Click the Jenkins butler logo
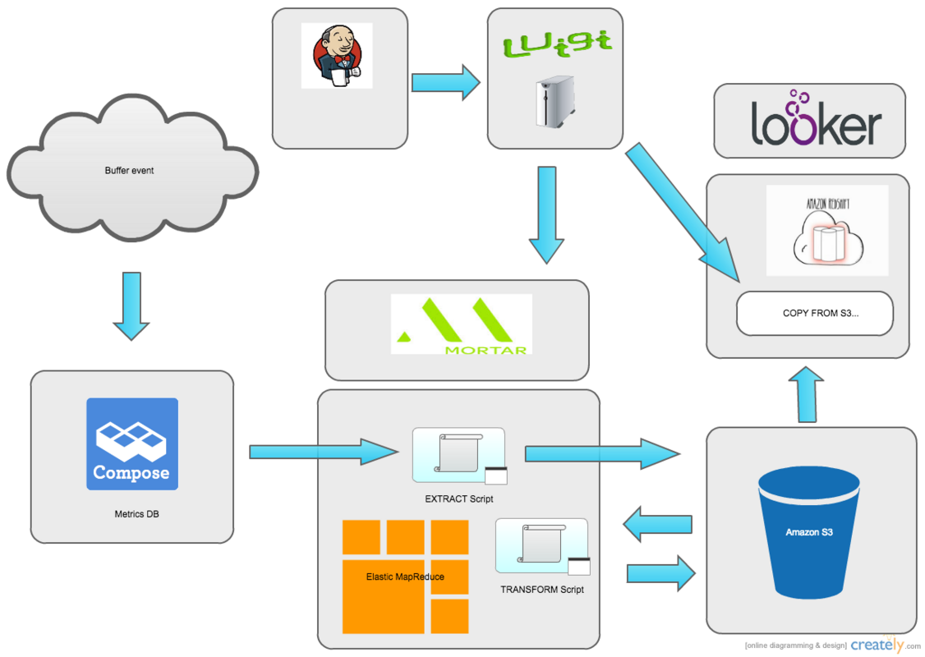[x=336, y=55]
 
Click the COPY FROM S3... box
[x=814, y=314]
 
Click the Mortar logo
[x=461, y=324]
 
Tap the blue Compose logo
[x=131, y=444]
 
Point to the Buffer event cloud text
[x=129, y=171]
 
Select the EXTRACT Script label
[x=458, y=498]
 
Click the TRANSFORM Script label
[x=542, y=590]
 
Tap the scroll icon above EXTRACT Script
[x=458, y=455]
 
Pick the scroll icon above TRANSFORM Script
[x=541, y=545]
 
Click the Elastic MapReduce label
[x=405, y=577]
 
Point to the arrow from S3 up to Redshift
[x=806, y=393]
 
